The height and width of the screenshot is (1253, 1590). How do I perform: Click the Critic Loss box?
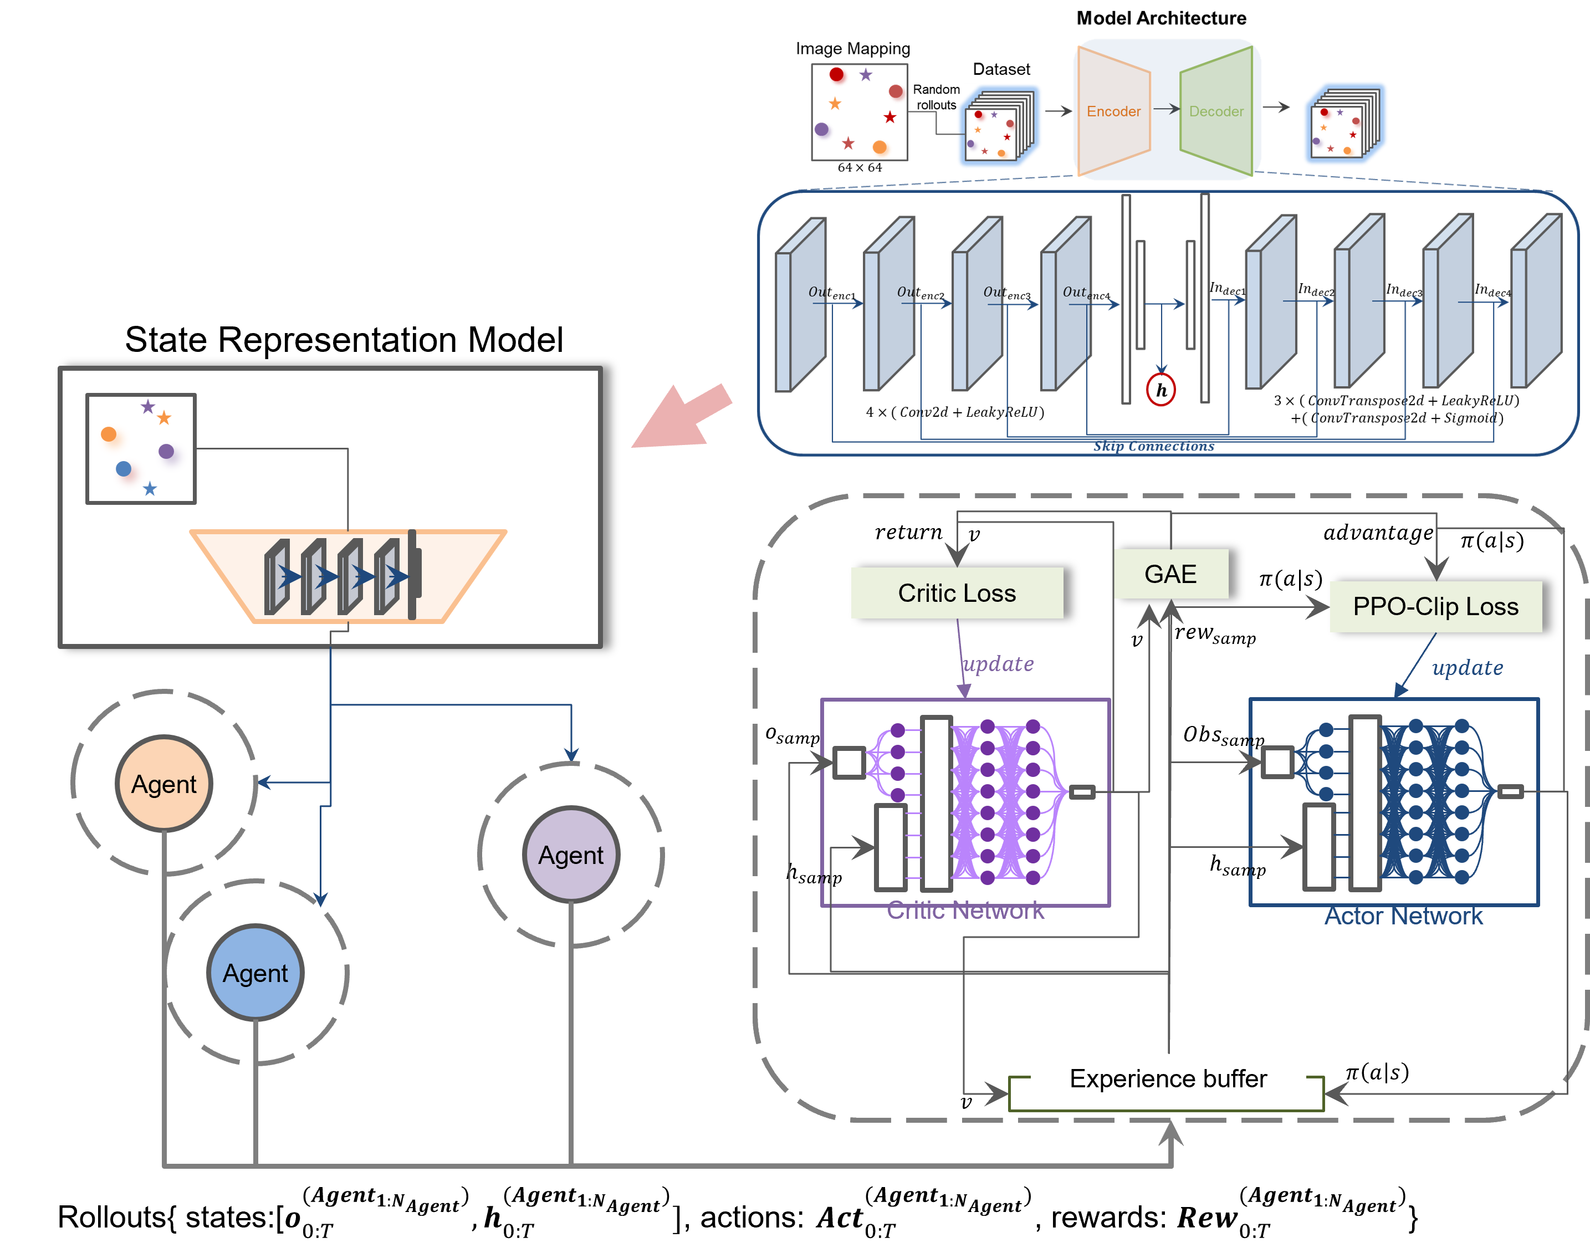(956, 593)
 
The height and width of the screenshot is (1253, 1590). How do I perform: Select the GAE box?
(1170, 574)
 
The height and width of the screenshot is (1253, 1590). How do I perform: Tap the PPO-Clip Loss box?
(1435, 607)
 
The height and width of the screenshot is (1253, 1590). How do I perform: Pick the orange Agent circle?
(163, 784)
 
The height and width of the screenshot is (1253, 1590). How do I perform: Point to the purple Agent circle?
(571, 855)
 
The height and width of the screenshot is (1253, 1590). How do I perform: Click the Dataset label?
(1001, 69)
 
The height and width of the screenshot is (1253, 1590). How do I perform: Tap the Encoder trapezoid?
(1113, 111)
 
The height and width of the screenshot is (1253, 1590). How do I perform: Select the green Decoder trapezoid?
(1216, 111)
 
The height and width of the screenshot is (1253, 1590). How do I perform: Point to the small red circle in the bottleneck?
(1160, 390)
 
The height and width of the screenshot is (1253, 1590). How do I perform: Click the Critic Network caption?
(965, 911)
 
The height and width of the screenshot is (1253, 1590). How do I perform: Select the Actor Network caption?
(1403, 916)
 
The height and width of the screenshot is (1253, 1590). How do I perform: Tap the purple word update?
(998, 664)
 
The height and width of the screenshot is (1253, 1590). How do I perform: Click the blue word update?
(1467, 668)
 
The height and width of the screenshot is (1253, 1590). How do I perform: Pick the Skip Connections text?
(1153, 446)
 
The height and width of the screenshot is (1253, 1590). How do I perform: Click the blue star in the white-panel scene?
(150, 489)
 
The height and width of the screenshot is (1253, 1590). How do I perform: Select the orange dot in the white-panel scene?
(109, 434)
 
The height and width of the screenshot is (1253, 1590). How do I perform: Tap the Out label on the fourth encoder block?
(1076, 292)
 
